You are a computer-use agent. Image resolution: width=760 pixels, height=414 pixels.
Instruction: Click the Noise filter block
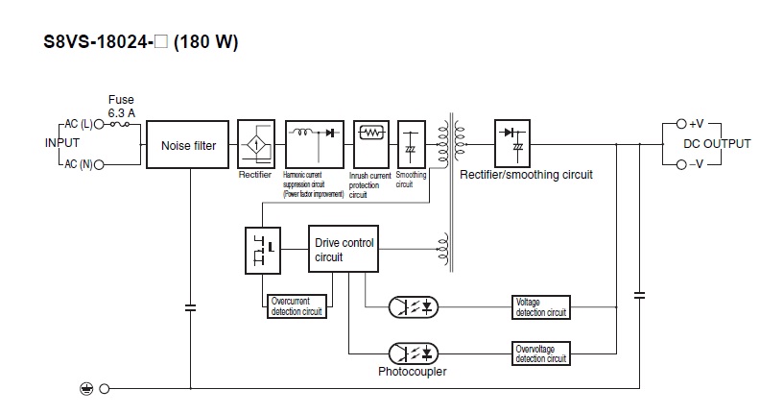[188, 146]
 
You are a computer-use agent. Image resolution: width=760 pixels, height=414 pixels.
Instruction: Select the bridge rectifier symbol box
[255, 144]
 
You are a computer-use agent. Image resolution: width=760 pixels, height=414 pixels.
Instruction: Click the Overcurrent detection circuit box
[297, 306]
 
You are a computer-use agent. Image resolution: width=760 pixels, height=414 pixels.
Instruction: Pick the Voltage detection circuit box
[541, 307]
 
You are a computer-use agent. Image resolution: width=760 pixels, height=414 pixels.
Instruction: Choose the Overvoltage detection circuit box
[541, 353]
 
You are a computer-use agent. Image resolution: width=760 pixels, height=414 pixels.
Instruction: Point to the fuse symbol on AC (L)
[121, 126]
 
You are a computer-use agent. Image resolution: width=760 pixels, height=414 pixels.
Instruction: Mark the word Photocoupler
[413, 370]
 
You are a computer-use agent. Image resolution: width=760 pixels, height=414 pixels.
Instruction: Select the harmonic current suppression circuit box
[315, 144]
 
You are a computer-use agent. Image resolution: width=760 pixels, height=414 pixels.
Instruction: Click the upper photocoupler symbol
[414, 307]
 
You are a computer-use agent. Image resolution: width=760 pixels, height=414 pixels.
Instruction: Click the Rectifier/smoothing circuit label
[527, 175]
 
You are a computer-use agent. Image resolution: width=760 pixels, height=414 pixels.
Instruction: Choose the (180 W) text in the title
[205, 42]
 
